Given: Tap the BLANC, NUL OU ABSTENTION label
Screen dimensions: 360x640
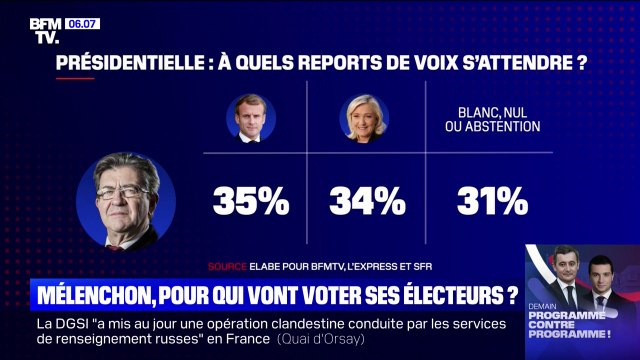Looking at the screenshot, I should tap(491, 120).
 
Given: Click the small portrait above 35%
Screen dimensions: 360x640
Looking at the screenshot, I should tap(250, 120).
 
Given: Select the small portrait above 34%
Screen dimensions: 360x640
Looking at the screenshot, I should tap(368, 120).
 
